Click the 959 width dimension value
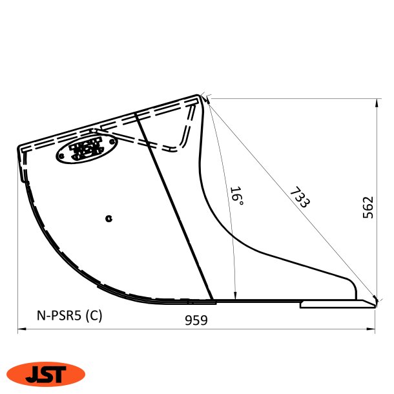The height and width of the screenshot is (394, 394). tap(196, 320)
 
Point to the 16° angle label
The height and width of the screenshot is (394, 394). tap(236, 196)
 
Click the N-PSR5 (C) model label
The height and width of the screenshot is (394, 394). tap(68, 316)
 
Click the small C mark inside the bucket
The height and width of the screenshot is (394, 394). tap(109, 218)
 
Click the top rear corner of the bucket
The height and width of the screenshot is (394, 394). tap(201, 97)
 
